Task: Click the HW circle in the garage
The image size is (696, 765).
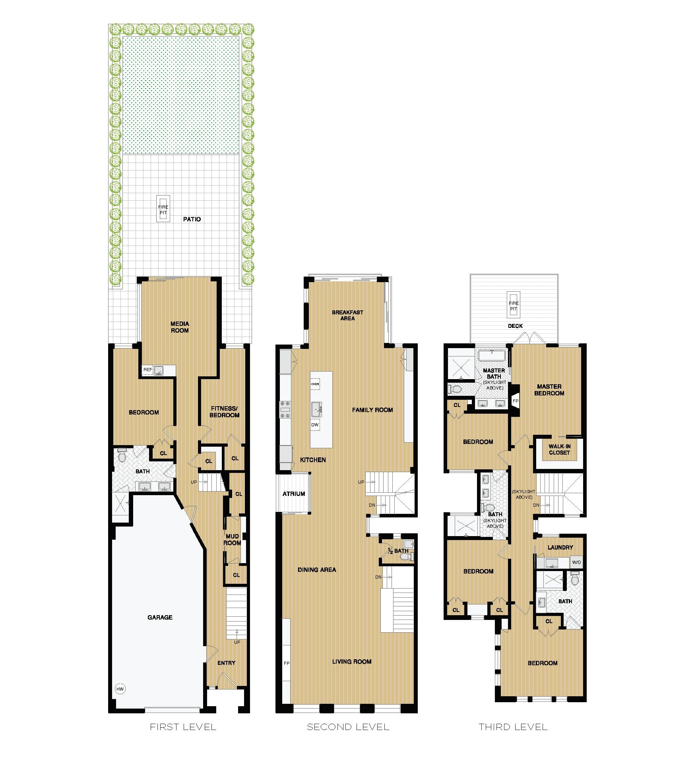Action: [x=120, y=689]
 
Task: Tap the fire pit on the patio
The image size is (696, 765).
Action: [x=163, y=209]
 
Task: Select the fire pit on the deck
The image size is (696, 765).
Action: [x=514, y=305]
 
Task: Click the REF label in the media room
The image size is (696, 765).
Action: [x=147, y=370]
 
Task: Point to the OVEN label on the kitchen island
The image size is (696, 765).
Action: [x=315, y=384]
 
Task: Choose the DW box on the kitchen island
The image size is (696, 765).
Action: [x=315, y=425]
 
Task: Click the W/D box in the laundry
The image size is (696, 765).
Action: [x=576, y=562]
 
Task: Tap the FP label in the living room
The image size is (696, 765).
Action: [x=287, y=663]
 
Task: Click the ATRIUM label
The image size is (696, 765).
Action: [x=294, y=494]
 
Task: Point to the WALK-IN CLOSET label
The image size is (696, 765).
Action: [x=559, y=449]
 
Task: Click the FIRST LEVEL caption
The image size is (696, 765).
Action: [x=183, y=727]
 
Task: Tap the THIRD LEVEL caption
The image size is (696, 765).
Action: [x=513, y=727]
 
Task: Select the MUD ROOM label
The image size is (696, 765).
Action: [x=232, y=540]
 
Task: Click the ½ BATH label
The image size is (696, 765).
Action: [x=398, y=551]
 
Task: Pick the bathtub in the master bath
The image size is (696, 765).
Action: [x=492, y=355]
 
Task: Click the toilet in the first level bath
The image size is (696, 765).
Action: [x=122, y=455]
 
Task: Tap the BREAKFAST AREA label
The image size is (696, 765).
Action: [x=347, y=315]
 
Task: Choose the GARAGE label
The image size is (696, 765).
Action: [x=160, y=617]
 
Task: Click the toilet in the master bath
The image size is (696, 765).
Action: [x=456, y=389]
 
